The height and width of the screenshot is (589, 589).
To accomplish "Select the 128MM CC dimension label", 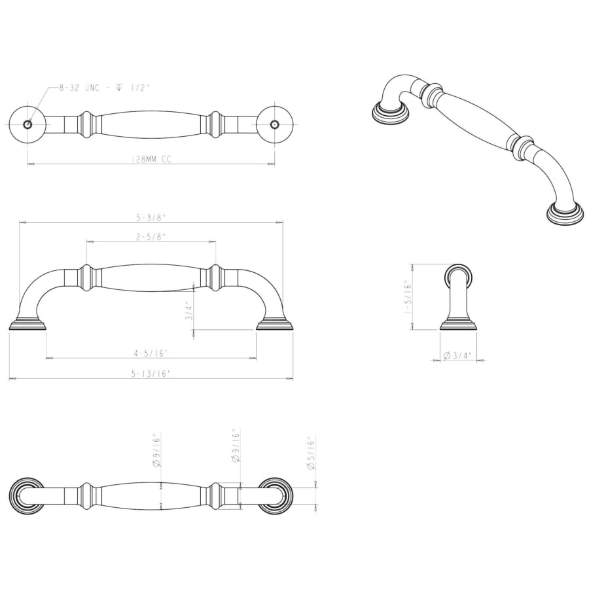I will click(151, 159).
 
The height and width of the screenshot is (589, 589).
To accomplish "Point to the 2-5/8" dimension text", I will click(151, 237).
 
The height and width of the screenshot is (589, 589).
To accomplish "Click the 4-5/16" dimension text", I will click(151, 353).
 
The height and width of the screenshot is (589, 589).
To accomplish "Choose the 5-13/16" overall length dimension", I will click(151, 374).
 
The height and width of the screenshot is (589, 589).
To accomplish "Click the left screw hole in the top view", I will click(27, 124).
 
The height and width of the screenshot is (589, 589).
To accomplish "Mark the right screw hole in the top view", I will click(274, 124).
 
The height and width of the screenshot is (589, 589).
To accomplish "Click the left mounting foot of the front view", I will click(27, 325).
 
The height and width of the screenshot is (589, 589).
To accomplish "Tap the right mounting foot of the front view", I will click(274, 325).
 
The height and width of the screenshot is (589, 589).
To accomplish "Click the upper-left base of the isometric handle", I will click(391, 111).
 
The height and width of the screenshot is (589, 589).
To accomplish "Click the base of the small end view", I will click(458, 325).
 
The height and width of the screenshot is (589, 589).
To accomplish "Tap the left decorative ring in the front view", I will click(85, 277).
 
